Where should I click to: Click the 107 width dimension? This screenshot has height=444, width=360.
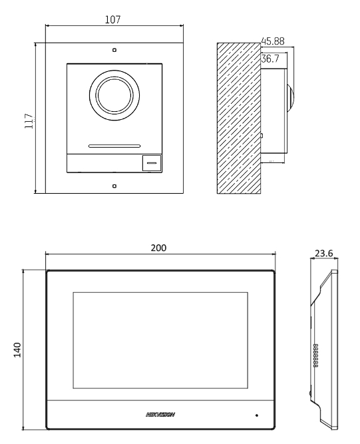113,20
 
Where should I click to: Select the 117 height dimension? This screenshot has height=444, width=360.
29,118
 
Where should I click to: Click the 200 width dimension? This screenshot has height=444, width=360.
158,247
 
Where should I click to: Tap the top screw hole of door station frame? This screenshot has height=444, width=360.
114,50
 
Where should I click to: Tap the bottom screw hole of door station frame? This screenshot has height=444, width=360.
114,186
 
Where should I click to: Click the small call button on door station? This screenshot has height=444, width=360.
151,162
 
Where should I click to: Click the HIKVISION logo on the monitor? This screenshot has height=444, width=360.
160,415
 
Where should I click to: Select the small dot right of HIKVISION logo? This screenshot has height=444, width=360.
256,415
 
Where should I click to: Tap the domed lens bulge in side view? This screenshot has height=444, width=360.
289,97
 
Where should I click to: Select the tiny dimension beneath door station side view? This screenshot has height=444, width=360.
273,161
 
